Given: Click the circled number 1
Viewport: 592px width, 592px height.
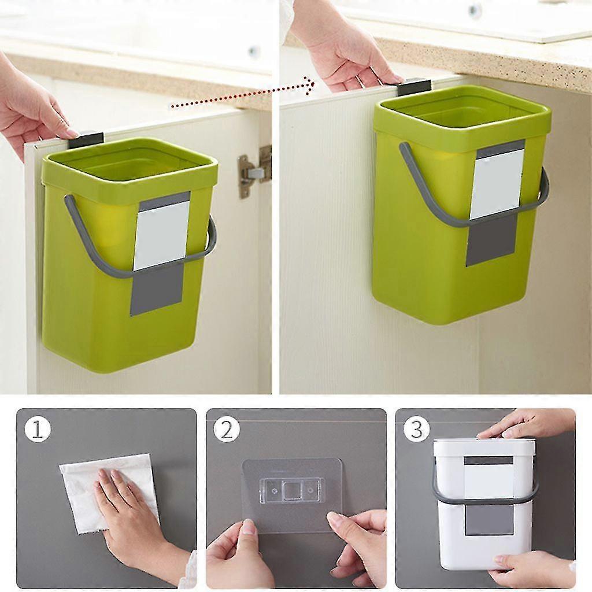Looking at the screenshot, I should click(38, 430).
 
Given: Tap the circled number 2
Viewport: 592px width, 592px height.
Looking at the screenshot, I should click(227, 430).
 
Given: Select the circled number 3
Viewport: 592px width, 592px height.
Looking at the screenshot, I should click(416, 430).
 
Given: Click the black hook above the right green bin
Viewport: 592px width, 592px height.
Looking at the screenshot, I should click(413, 87).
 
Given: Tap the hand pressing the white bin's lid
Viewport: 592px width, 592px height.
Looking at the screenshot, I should click(526, 425).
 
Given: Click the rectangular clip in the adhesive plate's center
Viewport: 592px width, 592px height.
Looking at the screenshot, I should click(293, 491).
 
